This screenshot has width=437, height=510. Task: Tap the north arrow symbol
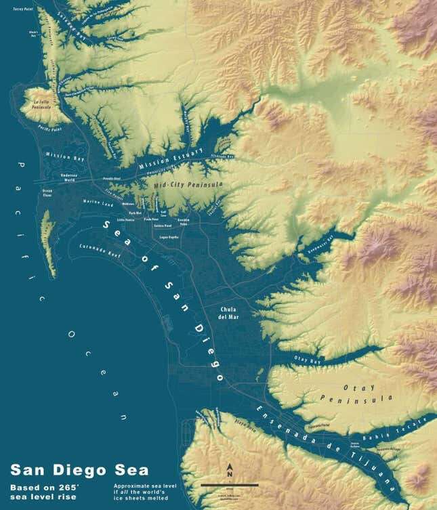pyautogui.click(x=230, y=469)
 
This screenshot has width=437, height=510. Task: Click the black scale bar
pyautogui.click(x=230, y=485)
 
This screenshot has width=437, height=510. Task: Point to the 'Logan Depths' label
pyautogui.click(x=168, y=238)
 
